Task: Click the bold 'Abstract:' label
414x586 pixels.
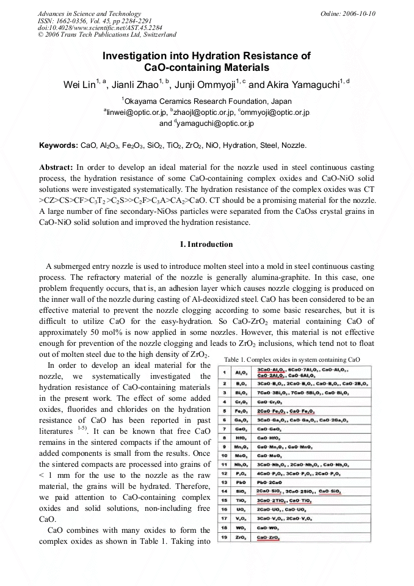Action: click(x=56, y=167)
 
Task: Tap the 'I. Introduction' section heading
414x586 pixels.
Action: click(x=207, y=244)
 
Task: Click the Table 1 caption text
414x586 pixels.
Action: click(x=300, y=360)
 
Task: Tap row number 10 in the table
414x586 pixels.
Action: click(x=225, y=455)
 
